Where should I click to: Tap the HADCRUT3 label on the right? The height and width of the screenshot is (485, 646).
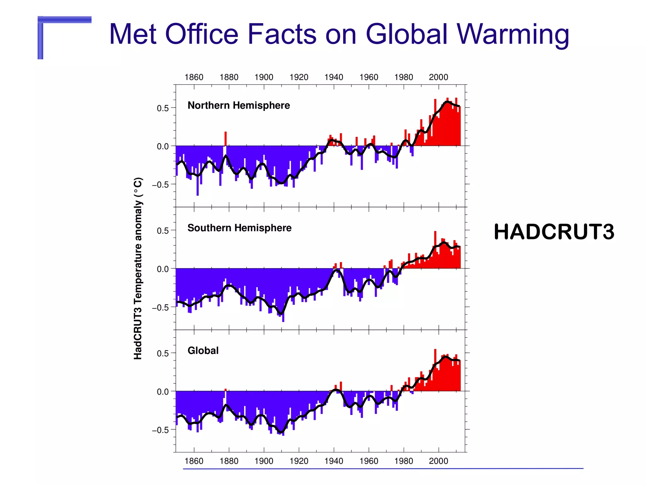click(554, 232)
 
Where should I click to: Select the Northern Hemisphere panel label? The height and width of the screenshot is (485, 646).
click(238, 105)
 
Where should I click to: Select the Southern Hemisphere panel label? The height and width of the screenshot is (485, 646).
click(239, 228)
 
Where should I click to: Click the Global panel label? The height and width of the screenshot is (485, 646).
click(203, 350)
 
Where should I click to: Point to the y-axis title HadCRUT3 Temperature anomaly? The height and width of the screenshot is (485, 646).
click(138, 268)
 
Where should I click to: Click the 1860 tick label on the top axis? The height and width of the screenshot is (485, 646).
click(194, 77)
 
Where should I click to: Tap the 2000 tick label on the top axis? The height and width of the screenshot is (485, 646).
click(438, 77)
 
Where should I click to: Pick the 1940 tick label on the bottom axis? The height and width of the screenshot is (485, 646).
click(334, 461)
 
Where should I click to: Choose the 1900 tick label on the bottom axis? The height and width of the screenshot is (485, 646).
click(264, 461)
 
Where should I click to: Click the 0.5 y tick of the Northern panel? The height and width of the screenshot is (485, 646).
click(163, 108)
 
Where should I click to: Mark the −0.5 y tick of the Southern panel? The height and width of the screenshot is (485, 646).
click(160, 307)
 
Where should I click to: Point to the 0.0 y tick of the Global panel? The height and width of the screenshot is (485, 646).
click(163, 392)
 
